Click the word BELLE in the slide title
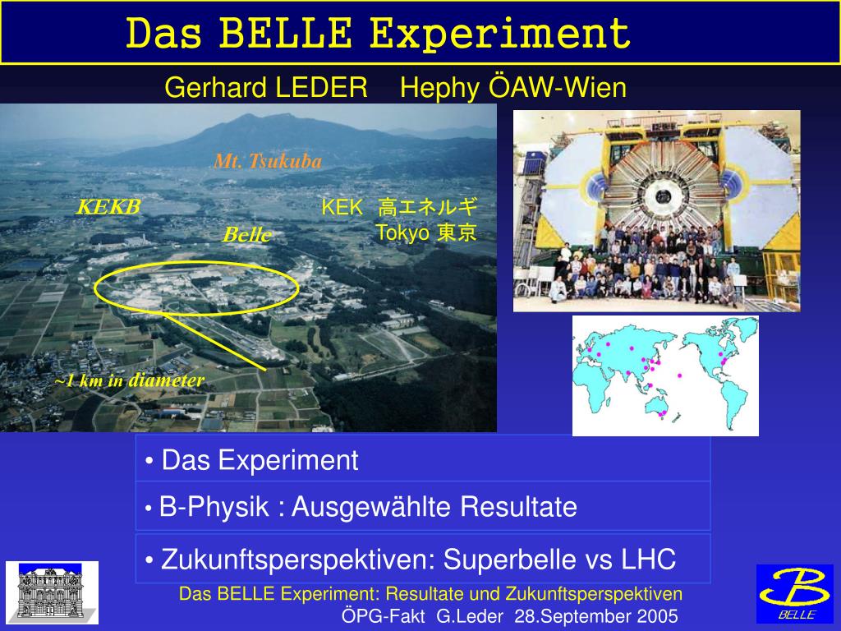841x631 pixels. pyautogui.click(x=285, y=33)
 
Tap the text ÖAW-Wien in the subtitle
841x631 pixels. pyautogui.click(x=558, y=87)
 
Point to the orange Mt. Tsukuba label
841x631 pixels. pyautogui.click(x=268, y=161)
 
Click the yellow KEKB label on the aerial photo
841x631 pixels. pyautogui.click(x=108, y=206)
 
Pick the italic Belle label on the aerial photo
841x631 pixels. pyautogui.click(x=246, y=234)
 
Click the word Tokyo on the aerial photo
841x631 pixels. pyautogui.click(x=402, y=233)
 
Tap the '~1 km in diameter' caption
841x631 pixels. pyautogui.click(x=129, y=380)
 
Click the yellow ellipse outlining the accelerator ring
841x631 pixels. pyautogui.click(x=196, y=262)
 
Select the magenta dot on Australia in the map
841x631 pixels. pyautogui.click(x=663, y=412)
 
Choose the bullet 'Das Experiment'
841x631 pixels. pyautogui.click(x=252, y=460)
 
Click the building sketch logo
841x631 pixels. pyautogui.click(x=52, y=593)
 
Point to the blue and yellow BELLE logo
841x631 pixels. pyautogui.click(x=795, y=594)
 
